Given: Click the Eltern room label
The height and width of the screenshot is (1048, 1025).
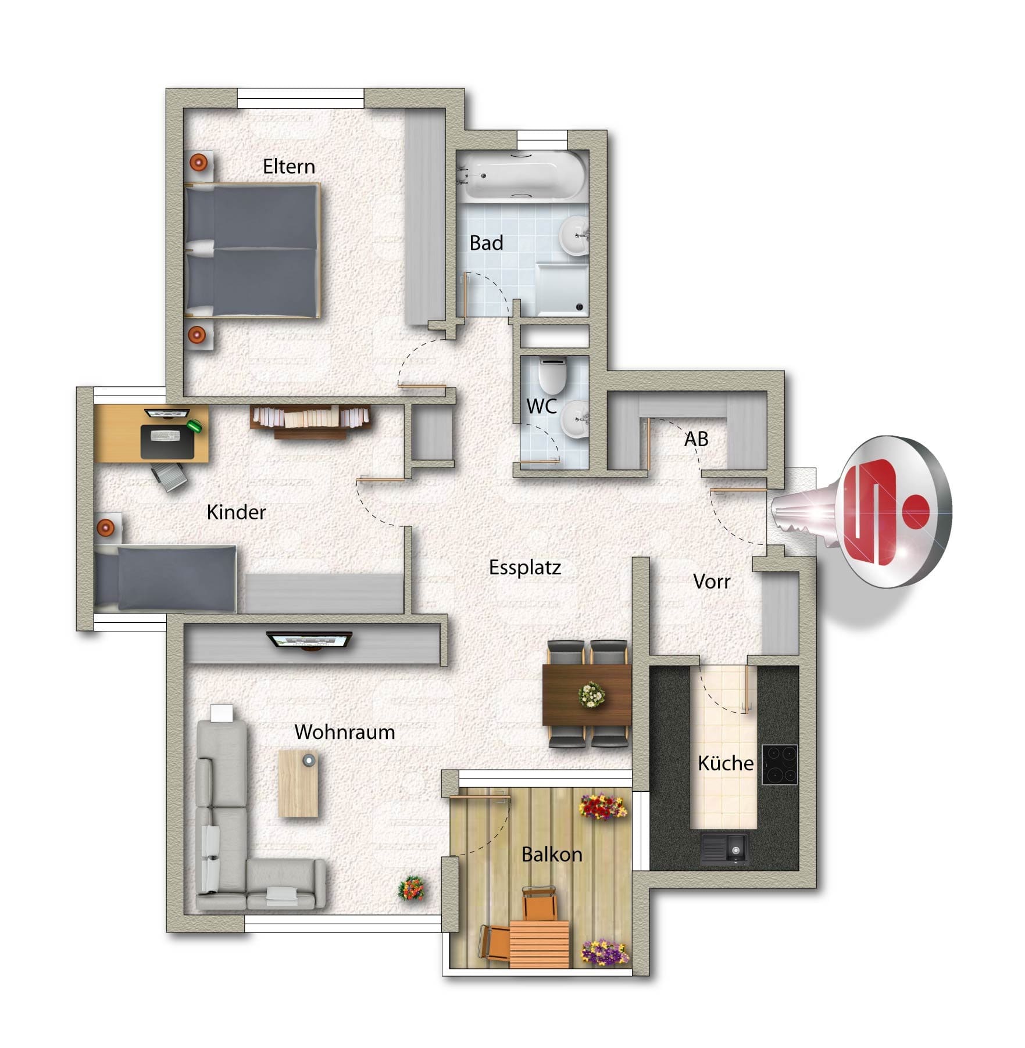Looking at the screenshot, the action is [289, 167].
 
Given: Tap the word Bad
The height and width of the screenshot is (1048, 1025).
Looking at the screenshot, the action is [486, 243].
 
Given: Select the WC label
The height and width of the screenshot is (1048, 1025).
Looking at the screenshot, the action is [542, 406].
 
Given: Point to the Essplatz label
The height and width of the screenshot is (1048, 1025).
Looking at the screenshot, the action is [525, 568].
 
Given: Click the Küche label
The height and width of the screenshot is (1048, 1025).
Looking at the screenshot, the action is [726, 763].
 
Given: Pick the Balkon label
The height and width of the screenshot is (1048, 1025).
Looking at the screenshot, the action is [552, 855].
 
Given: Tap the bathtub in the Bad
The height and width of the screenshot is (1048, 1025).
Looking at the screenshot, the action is [522, 175].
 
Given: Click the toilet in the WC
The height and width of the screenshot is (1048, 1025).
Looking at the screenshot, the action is [552, 375].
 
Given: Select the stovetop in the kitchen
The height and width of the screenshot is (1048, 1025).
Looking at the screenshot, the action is [779, 765].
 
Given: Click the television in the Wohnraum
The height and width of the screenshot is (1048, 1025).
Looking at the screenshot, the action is [310, 641].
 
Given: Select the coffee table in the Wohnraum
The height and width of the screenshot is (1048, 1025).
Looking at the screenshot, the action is [298, 783].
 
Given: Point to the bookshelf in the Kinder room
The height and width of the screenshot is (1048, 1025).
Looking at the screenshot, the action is [310, 421].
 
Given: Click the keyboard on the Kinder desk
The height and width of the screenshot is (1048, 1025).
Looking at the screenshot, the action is [165, 436].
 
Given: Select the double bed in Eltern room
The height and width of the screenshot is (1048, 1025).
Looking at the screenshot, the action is [252, 250].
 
